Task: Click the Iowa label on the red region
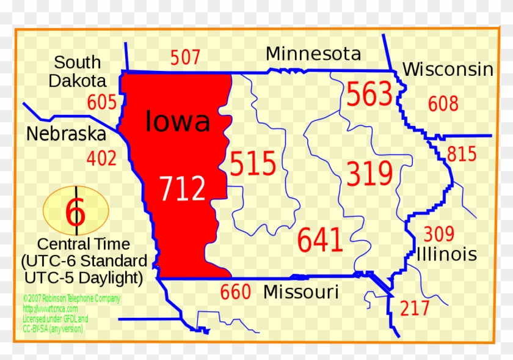(x=178, y=121)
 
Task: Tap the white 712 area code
(x=183, y=188)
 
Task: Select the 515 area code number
(x=253, y=164)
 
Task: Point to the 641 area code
(x=320, y=240)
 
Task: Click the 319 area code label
(x=369, y=174)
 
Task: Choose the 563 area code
(x=369, y=95)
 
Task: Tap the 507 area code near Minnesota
(x=185, y=58)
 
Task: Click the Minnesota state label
(x=313, y=54)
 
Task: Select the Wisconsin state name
(x=448, y=69)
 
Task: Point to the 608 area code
(x=443, y=104)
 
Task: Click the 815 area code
(x=461, y=154)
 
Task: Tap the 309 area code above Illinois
(x=438, y=233)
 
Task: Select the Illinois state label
(x=446, y=254)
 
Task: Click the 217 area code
(x=415, y=308)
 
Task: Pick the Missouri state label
(x=300, y=292)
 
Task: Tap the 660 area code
(x=235, y=292)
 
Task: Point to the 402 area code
(x=101, y=158)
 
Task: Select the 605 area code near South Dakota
(x=101, y=102)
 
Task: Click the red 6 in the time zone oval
(x=76, y=212)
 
